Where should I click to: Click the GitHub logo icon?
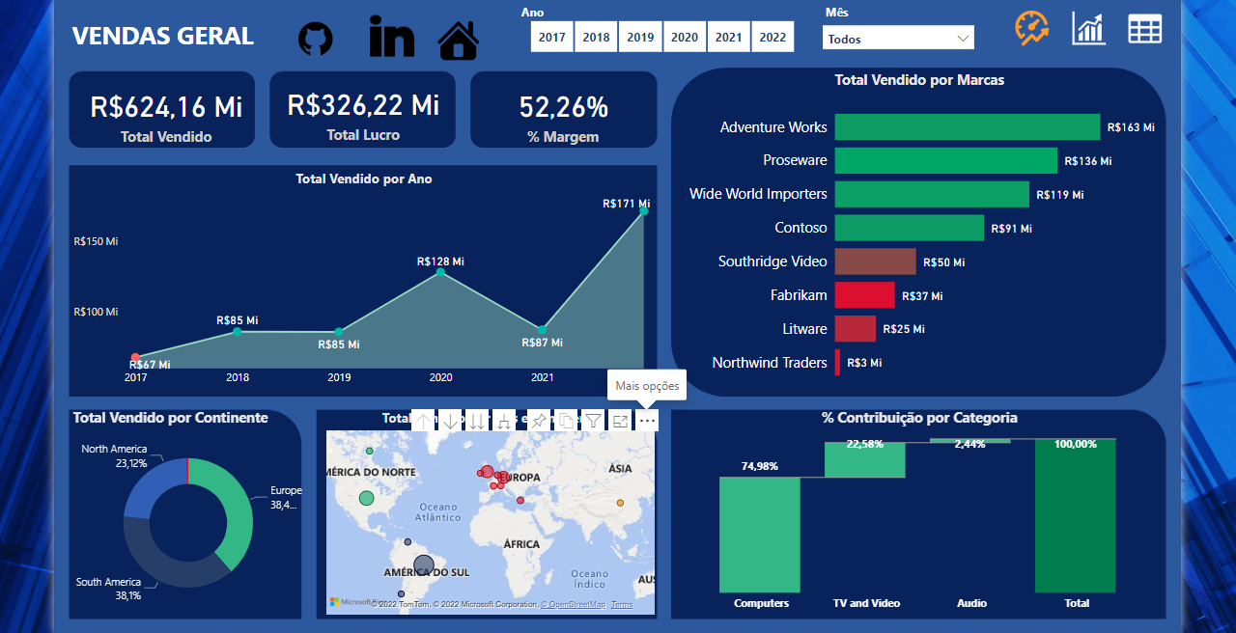coord(315,39)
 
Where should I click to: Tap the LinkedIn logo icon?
coord(391,37)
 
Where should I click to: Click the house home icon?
coord(459,41)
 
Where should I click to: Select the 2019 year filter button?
coord(640,38)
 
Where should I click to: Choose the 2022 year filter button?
coord(772,38)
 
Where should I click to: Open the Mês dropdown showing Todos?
coord(898,39)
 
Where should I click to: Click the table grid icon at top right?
coord(1144,29)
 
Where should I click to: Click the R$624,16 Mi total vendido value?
coord(166,106)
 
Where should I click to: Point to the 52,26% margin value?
coord(563,106)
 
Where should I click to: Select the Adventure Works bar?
coord(967,127)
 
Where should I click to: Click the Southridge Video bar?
coord(875,261)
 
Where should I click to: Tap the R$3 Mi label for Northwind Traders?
coord(864,363)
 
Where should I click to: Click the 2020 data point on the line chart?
coord(440,272)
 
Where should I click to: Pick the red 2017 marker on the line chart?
coord(135,358)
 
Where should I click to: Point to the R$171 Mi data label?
coord(626,204)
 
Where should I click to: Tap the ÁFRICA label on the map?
coord(521,544)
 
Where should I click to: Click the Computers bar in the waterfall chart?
coord(760,535)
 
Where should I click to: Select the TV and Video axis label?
coord(866,603)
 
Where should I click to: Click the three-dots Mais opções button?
coord(647,421)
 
